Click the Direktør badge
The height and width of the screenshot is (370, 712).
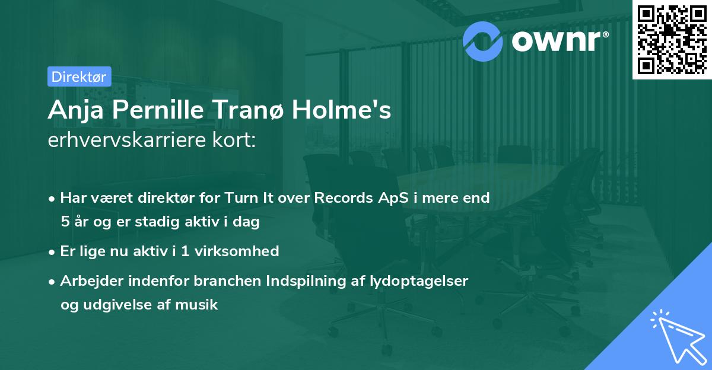click(x=79, y=76)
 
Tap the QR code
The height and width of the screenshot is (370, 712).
click(x=672, y=40)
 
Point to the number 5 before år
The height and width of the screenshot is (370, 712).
click(x=65, y=222)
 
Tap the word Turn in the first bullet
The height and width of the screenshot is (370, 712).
click(x=241, y=198)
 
